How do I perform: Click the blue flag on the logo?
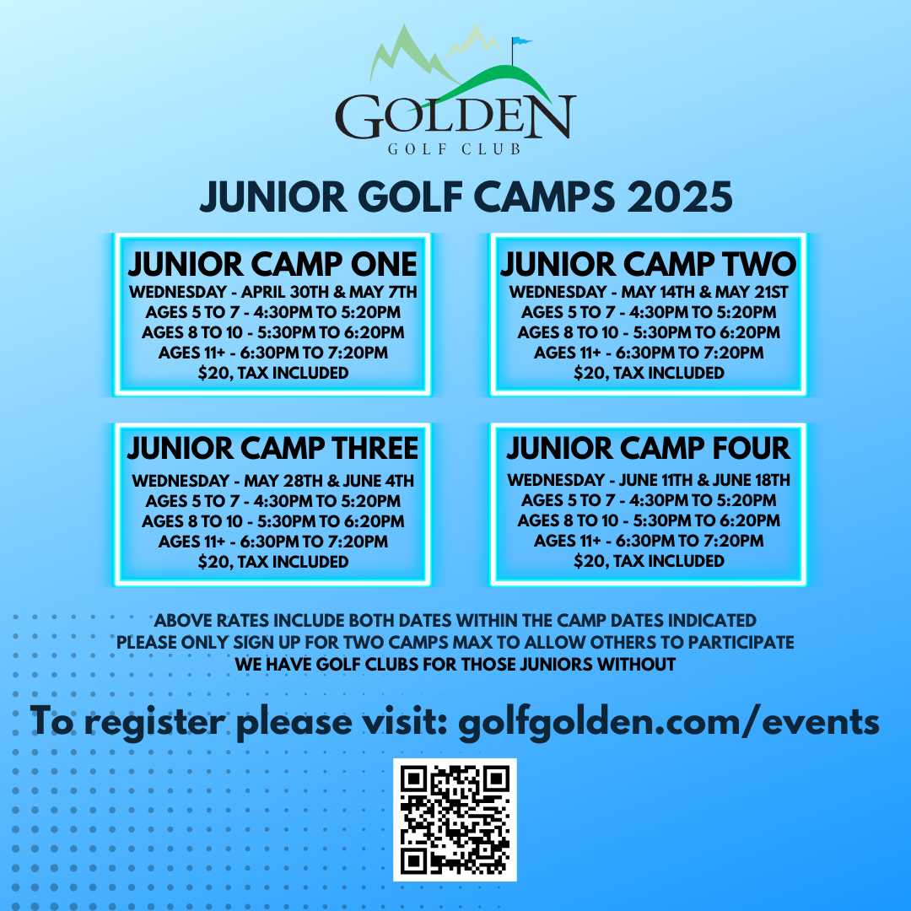(x=521, y=40)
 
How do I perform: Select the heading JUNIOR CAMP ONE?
(x=272, y=264)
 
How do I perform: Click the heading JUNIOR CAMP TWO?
(x=649, y=264)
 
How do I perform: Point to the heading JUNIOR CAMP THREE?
(x=272, y=448)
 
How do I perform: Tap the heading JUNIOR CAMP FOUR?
(x=649, y=448)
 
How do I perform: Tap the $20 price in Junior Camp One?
(x=273, y=373)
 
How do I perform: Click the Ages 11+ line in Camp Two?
(x=649, y=353)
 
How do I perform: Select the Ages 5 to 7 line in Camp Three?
(x=273, y=501)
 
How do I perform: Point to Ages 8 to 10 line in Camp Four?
(x=649, y=520)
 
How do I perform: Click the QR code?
(x=455, y=820)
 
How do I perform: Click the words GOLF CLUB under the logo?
(x=455, y=149)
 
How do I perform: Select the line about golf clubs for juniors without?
(x=455, y=664)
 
